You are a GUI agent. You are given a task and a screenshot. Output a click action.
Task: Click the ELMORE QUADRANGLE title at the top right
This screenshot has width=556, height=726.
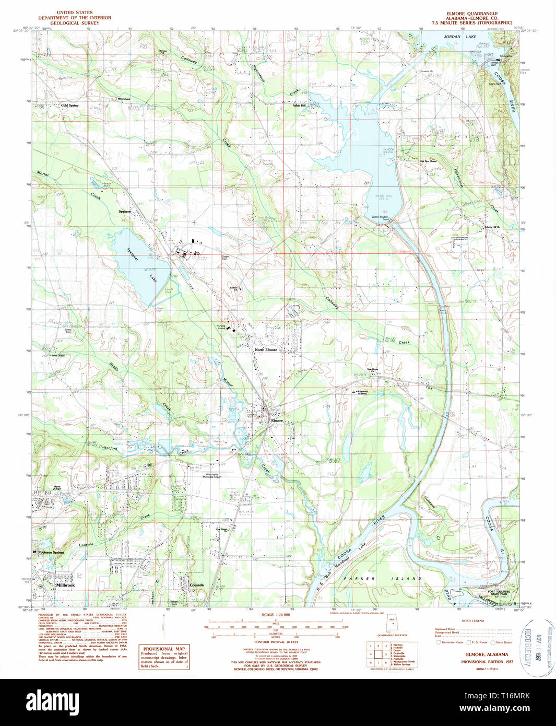point(471,14)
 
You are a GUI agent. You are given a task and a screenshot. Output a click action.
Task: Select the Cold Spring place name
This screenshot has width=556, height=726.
point(69,106)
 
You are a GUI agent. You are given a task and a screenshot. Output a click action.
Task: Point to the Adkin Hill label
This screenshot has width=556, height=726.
point(299,106)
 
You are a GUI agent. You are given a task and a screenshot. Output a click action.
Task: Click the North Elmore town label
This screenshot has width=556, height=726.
point(266,349)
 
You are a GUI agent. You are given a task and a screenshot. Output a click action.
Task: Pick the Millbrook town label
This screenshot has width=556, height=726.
point(65,586)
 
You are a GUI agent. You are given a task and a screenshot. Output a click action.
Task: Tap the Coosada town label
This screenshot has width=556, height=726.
point(196,586)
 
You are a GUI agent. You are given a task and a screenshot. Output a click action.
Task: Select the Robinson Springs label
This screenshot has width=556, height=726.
point(51,552)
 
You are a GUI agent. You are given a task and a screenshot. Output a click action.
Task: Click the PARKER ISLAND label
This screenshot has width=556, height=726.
point(382,579)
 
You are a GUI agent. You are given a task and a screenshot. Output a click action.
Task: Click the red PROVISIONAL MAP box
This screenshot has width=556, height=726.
point(163,657)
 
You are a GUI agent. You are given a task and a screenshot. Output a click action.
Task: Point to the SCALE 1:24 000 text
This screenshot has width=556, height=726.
point(275,615)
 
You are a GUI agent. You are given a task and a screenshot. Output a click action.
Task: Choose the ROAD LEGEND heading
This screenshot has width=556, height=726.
point(473,621)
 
